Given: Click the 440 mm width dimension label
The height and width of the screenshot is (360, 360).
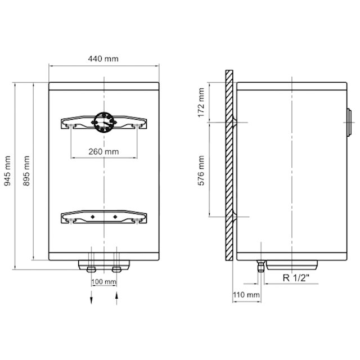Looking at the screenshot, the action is point(103,58).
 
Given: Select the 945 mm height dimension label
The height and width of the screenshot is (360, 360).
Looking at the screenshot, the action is point(7,170).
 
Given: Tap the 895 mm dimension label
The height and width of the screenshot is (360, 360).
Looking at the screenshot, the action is point(26,170).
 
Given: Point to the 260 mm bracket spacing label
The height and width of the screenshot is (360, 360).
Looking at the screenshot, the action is point(103,151).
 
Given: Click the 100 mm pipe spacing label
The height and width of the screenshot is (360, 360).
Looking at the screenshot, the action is point(103,282).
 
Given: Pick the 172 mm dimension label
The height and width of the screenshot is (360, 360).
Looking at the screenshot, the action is point(201,102).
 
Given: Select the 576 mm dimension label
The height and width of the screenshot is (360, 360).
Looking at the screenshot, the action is point(201,170).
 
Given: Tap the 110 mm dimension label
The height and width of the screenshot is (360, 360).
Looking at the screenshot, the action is point(246,295).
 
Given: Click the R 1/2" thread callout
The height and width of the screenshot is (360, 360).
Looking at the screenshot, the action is point(296,278).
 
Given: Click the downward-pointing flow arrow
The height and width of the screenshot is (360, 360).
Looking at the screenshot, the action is point(91,298).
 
